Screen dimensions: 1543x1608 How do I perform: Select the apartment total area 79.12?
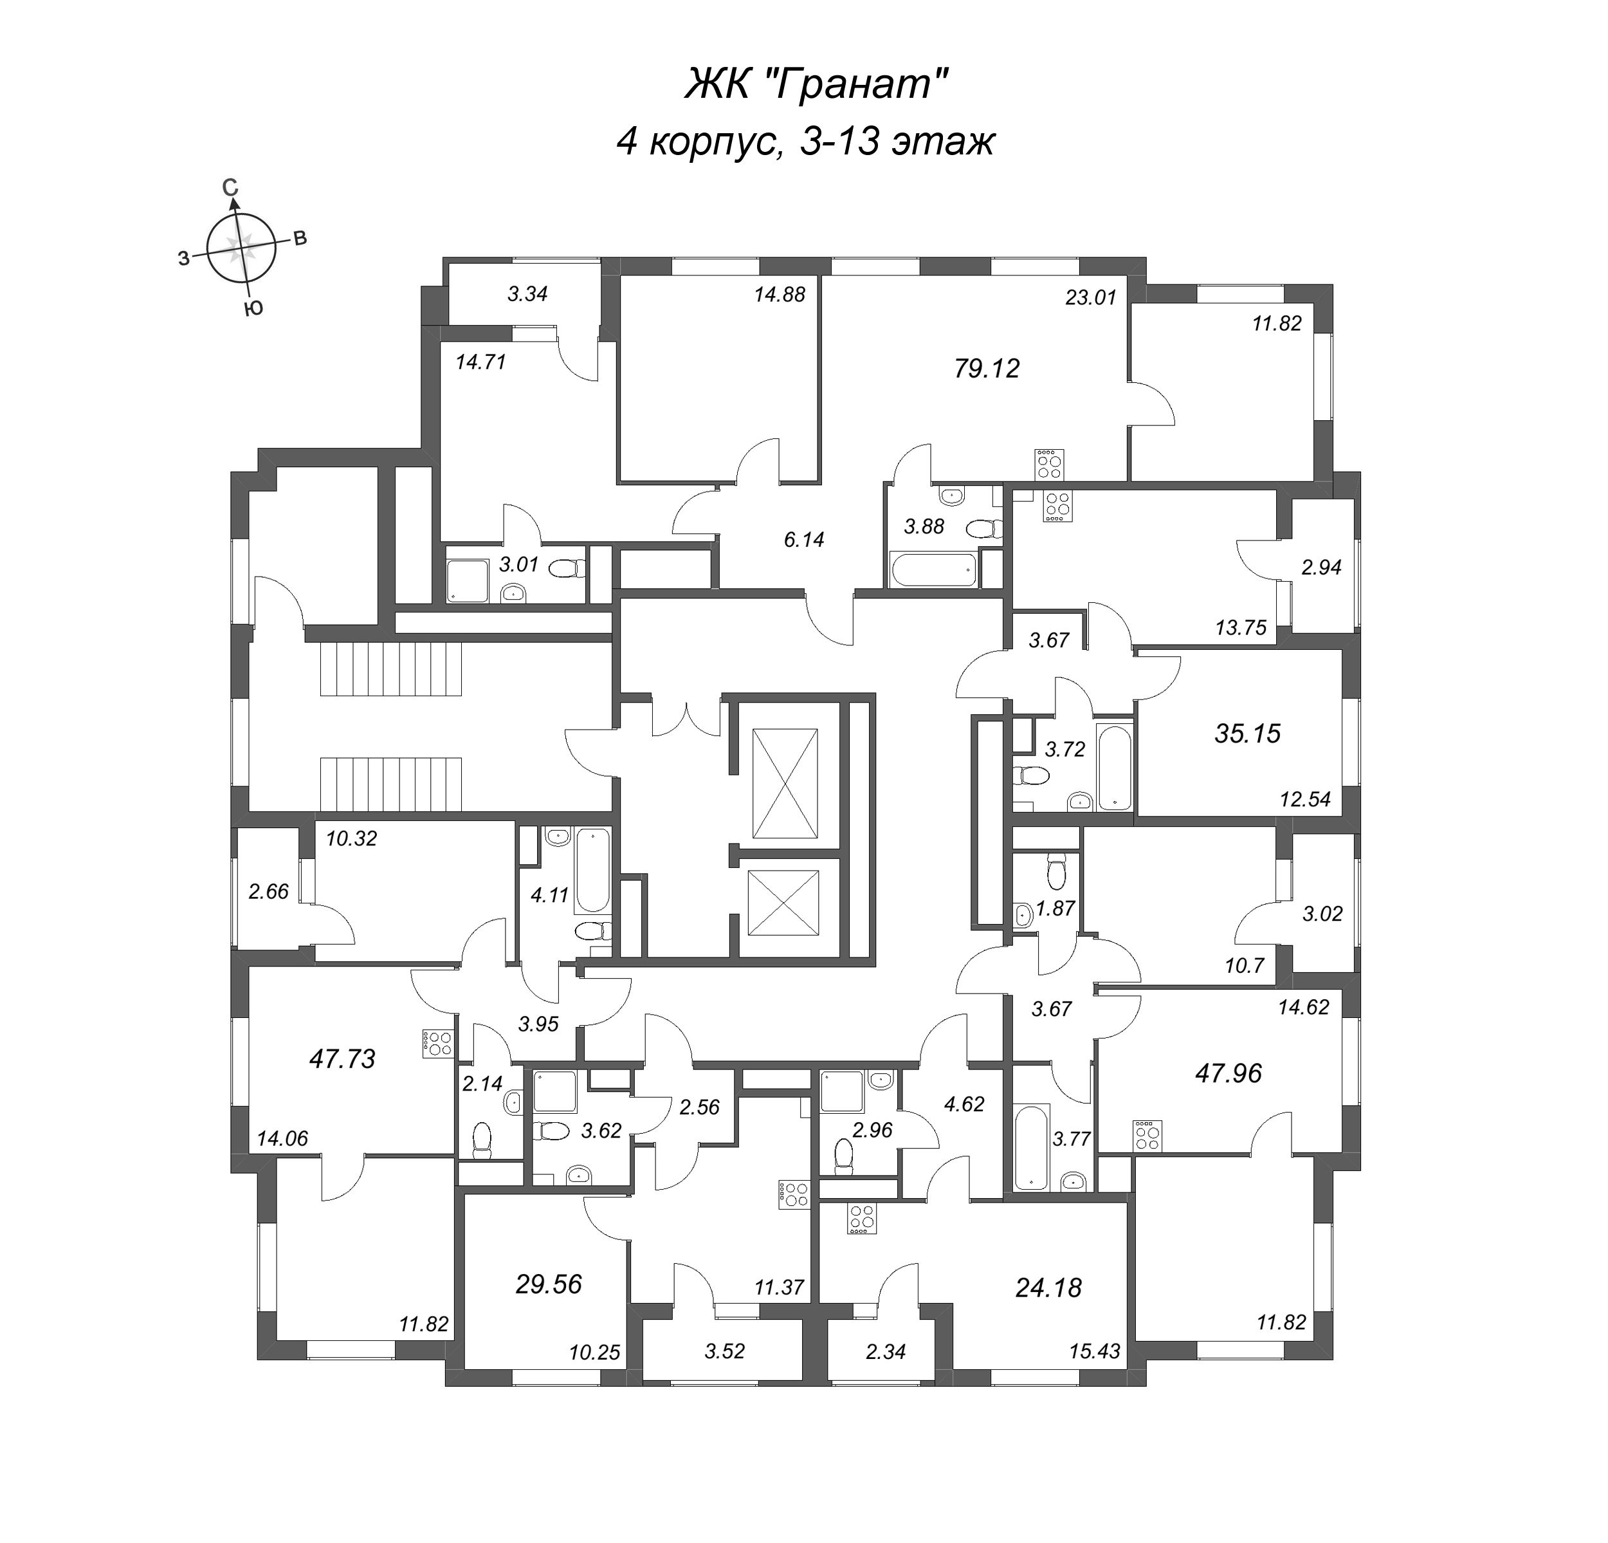point(986,369)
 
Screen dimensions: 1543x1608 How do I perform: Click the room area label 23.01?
point(1090,298)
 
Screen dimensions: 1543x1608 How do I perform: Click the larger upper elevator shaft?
point(785,783)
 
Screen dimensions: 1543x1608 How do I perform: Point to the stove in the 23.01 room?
point(1049,465)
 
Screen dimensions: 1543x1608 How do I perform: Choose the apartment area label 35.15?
point(1247,733)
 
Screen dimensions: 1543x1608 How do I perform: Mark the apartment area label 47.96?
point(1228,1073)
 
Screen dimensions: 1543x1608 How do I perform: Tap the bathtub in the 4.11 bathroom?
point(592,870)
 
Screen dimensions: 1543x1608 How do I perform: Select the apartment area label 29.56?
point(549,1284)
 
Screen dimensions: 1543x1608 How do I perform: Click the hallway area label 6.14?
point(803,539)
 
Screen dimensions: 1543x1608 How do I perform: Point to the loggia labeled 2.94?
point(1322,566)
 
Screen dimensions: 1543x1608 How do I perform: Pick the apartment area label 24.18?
point(1048,1287)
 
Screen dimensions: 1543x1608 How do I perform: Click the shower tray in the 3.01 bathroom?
point(466,580)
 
